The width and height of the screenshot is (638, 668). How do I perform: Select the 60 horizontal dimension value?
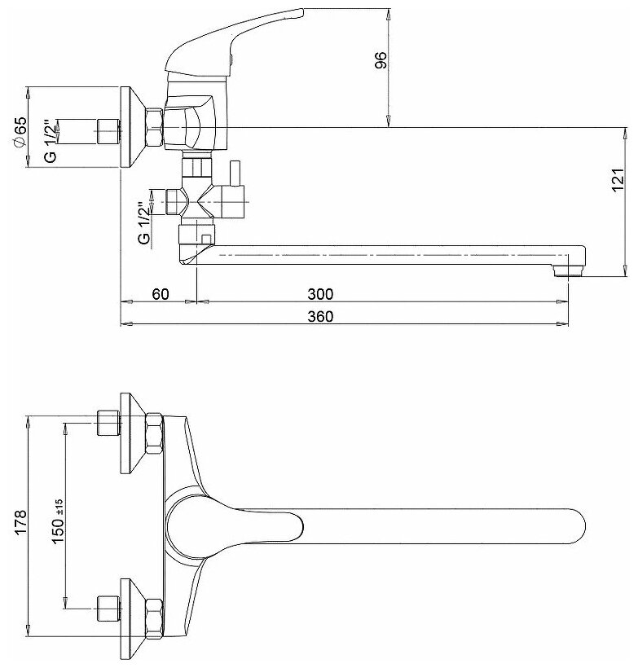click(x=160, y=294)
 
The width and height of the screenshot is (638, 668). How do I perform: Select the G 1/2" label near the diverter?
click(x=144, y=222)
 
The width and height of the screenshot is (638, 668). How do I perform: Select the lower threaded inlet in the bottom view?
click(x=106, y=608)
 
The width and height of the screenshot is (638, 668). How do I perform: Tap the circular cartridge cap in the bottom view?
click(x=183, y=525)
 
